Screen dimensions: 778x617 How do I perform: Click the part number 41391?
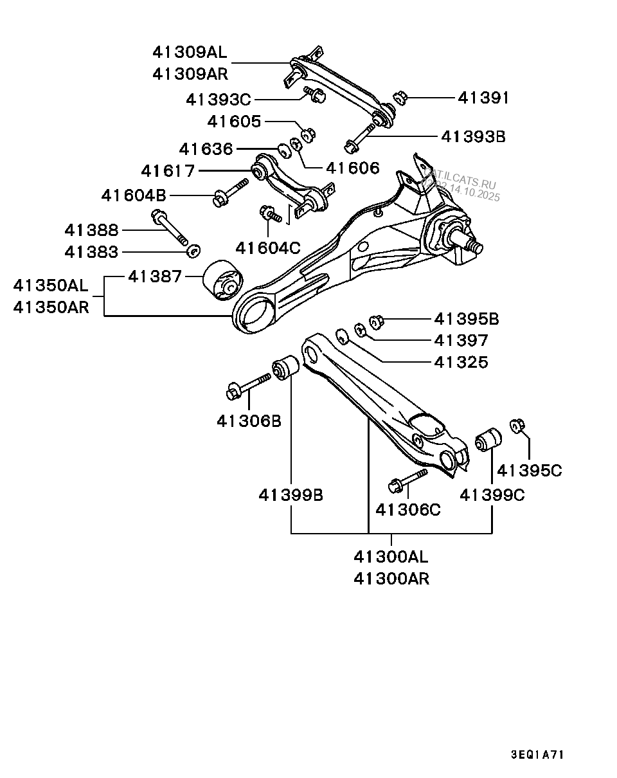pos(483,98)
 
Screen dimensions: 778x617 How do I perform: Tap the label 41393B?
pos(473,136)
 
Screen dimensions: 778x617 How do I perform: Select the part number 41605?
pos(235,122)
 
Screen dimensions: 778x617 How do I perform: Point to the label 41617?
pos(168,171)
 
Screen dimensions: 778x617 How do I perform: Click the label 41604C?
pos(268,247)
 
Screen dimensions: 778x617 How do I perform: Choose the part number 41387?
pos(156,276)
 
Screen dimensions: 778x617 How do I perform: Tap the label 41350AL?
pos(51,284)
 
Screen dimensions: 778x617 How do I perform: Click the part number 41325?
pos(461,362)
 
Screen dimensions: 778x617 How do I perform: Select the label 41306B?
pos(249,421)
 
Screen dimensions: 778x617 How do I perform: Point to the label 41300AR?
pos(391,579)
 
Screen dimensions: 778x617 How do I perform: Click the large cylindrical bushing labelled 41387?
pos(224,280)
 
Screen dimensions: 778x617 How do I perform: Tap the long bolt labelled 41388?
pos(171,228)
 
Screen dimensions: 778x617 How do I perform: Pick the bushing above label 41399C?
pos(489,439)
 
